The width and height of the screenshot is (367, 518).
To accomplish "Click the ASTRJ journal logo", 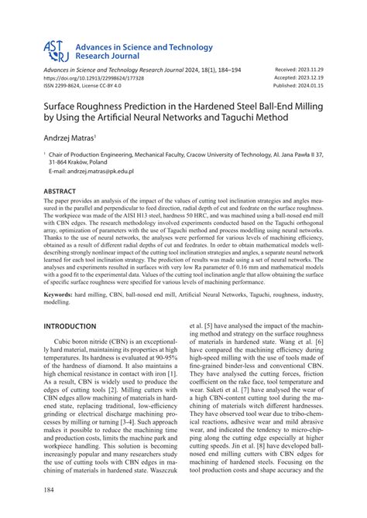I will coord(56,52).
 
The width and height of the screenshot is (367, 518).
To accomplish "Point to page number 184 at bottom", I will coord(50,490).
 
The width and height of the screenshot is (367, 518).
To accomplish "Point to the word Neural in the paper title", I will coord(154,117).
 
